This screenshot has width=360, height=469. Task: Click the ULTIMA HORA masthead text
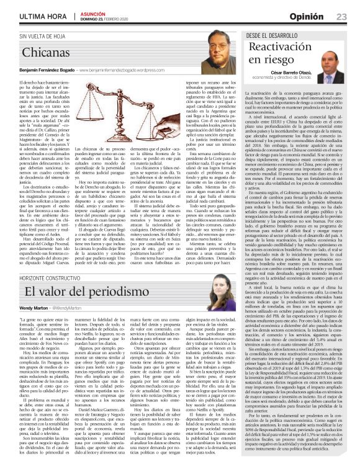pyautogui.click(x=29, y=16)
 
